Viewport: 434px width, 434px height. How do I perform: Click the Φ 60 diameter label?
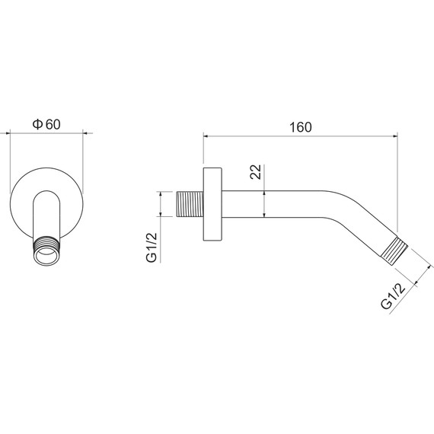tap(46, 124)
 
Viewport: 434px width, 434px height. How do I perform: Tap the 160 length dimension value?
tap(301, 127)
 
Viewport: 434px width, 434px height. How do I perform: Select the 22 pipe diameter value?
tap(256, 172)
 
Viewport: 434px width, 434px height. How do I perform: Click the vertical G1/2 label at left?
tap(152, 247)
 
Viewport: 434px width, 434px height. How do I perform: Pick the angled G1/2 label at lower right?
tap(393, 295)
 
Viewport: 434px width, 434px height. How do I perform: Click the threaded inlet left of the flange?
tap(190, 204)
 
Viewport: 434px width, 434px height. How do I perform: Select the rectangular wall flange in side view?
tap(212, 204)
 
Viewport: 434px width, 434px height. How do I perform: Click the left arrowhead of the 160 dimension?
tap(206, 136)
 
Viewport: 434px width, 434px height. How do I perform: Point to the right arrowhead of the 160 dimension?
tap(395, 136)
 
